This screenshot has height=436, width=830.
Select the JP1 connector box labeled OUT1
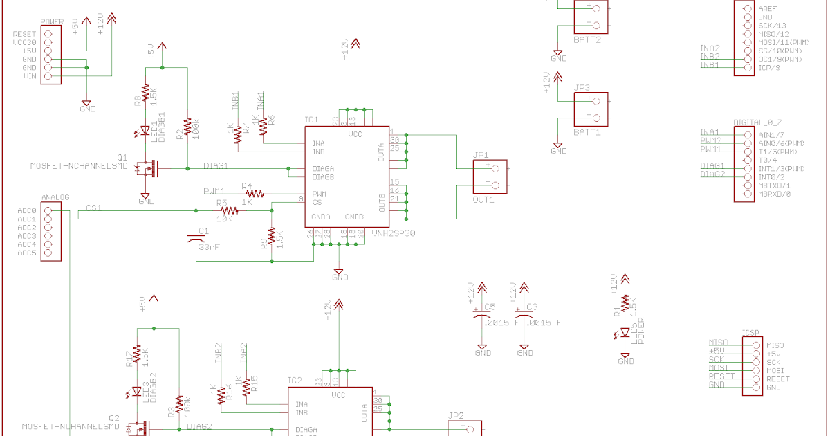pos(490,176)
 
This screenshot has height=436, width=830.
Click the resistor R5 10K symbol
pos(228,210)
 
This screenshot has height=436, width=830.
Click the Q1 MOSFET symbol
pos(146,167)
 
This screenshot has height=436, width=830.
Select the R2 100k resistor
pos(188,127)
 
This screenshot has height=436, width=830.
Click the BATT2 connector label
pos(587,40)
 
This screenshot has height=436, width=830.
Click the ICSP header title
pos(751,332)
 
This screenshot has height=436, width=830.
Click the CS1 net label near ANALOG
pos(93,207)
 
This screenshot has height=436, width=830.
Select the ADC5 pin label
pos(27,253)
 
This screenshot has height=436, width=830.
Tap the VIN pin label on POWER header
pos(30,76)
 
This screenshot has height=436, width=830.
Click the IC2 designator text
pos(295,380)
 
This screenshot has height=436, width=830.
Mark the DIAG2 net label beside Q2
pos(199,427)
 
